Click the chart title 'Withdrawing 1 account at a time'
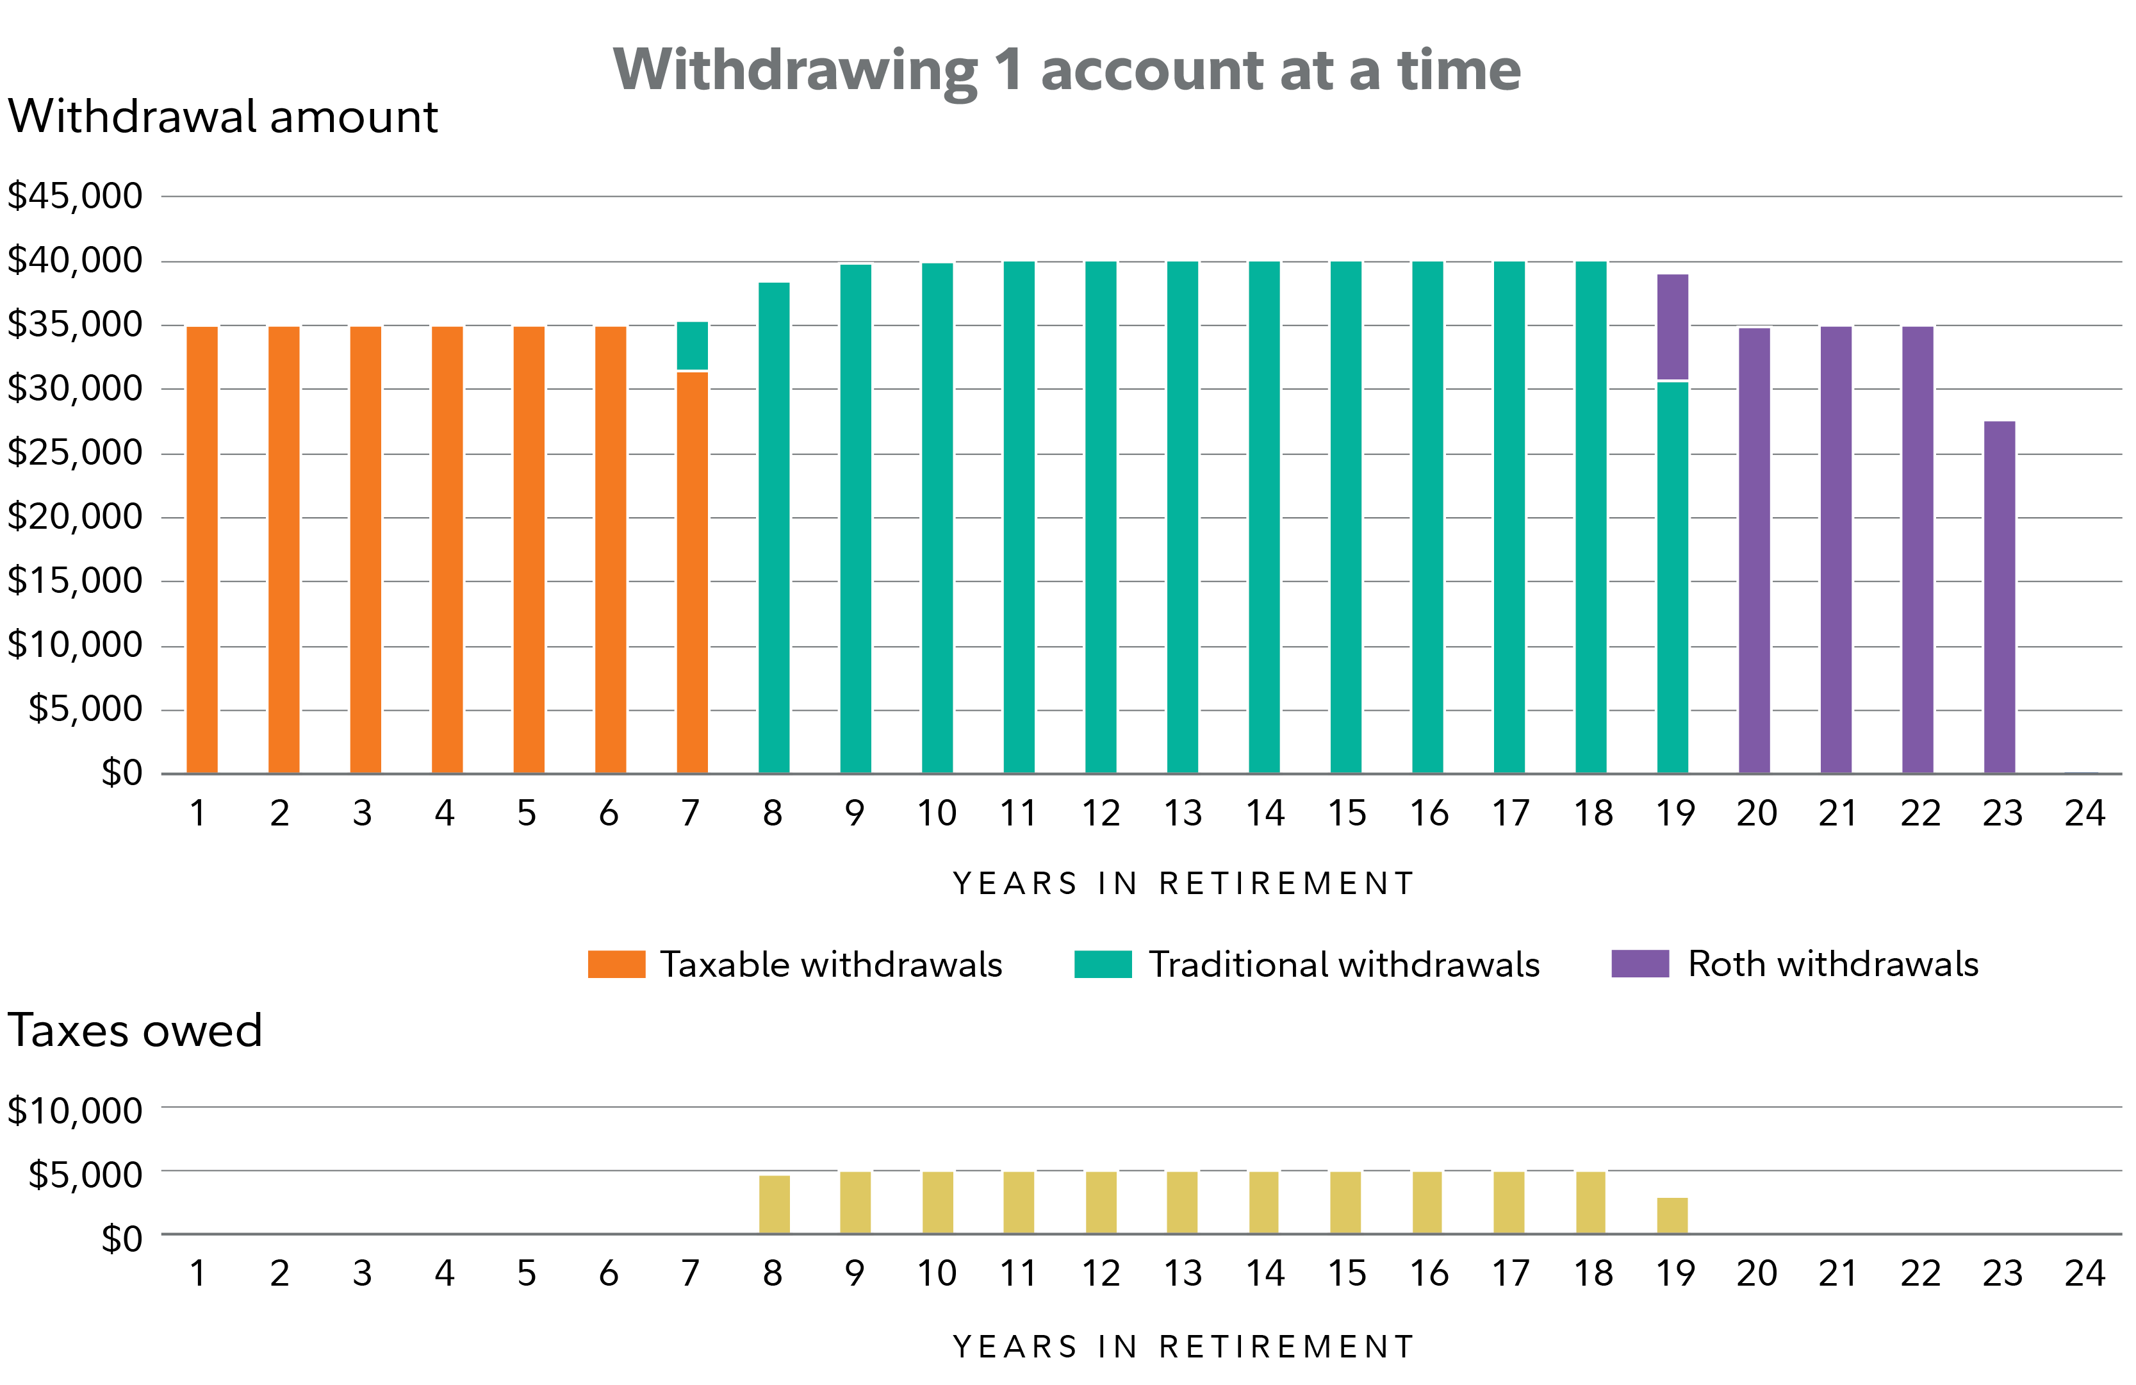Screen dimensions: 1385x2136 pos(1066,70)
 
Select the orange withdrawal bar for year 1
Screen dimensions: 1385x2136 pos(202,549)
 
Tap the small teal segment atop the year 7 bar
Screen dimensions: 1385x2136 pos(692,345)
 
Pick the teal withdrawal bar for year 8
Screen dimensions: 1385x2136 pos(774,528)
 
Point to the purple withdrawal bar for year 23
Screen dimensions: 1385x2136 pos(2000,597)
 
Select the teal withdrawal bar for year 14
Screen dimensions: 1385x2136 pos(1263,517)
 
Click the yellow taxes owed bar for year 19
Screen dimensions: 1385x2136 pos(1672,1215)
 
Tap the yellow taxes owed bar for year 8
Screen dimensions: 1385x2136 pos(774,1204)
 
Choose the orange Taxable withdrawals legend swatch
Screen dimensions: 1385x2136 pos(616,964)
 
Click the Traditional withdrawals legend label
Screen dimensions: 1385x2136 pos(1344,964)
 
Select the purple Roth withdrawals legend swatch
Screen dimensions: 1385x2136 pos(1639,964)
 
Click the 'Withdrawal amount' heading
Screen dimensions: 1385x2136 pos(222,117)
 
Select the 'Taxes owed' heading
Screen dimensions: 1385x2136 pos(135,1031)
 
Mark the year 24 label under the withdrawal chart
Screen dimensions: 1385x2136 pos(2084,813)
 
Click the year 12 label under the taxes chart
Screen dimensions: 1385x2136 pos(1100,1273)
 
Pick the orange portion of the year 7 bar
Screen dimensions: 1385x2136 pos(692,572)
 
